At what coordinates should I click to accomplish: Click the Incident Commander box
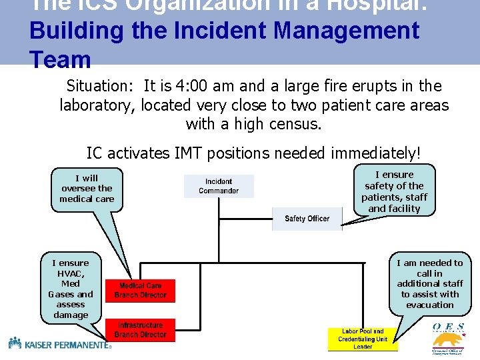(219, 186)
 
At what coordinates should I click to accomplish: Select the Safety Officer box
(307, 219)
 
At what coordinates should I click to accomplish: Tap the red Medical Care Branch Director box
(140, 291)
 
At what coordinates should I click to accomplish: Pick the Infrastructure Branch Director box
(140, 330)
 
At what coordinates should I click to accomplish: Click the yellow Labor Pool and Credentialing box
(363, 339)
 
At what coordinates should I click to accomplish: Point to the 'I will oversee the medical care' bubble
(87, 189)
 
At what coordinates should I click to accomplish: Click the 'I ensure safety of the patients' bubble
(395, 191)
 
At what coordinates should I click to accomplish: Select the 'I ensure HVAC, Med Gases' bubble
(71, 289)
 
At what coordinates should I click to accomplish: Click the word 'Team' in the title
(60, 60)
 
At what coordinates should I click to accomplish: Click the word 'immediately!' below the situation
(375, 153)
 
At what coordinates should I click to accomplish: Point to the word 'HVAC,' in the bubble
(71, 273)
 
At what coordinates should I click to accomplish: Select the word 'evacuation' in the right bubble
(429, 305)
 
